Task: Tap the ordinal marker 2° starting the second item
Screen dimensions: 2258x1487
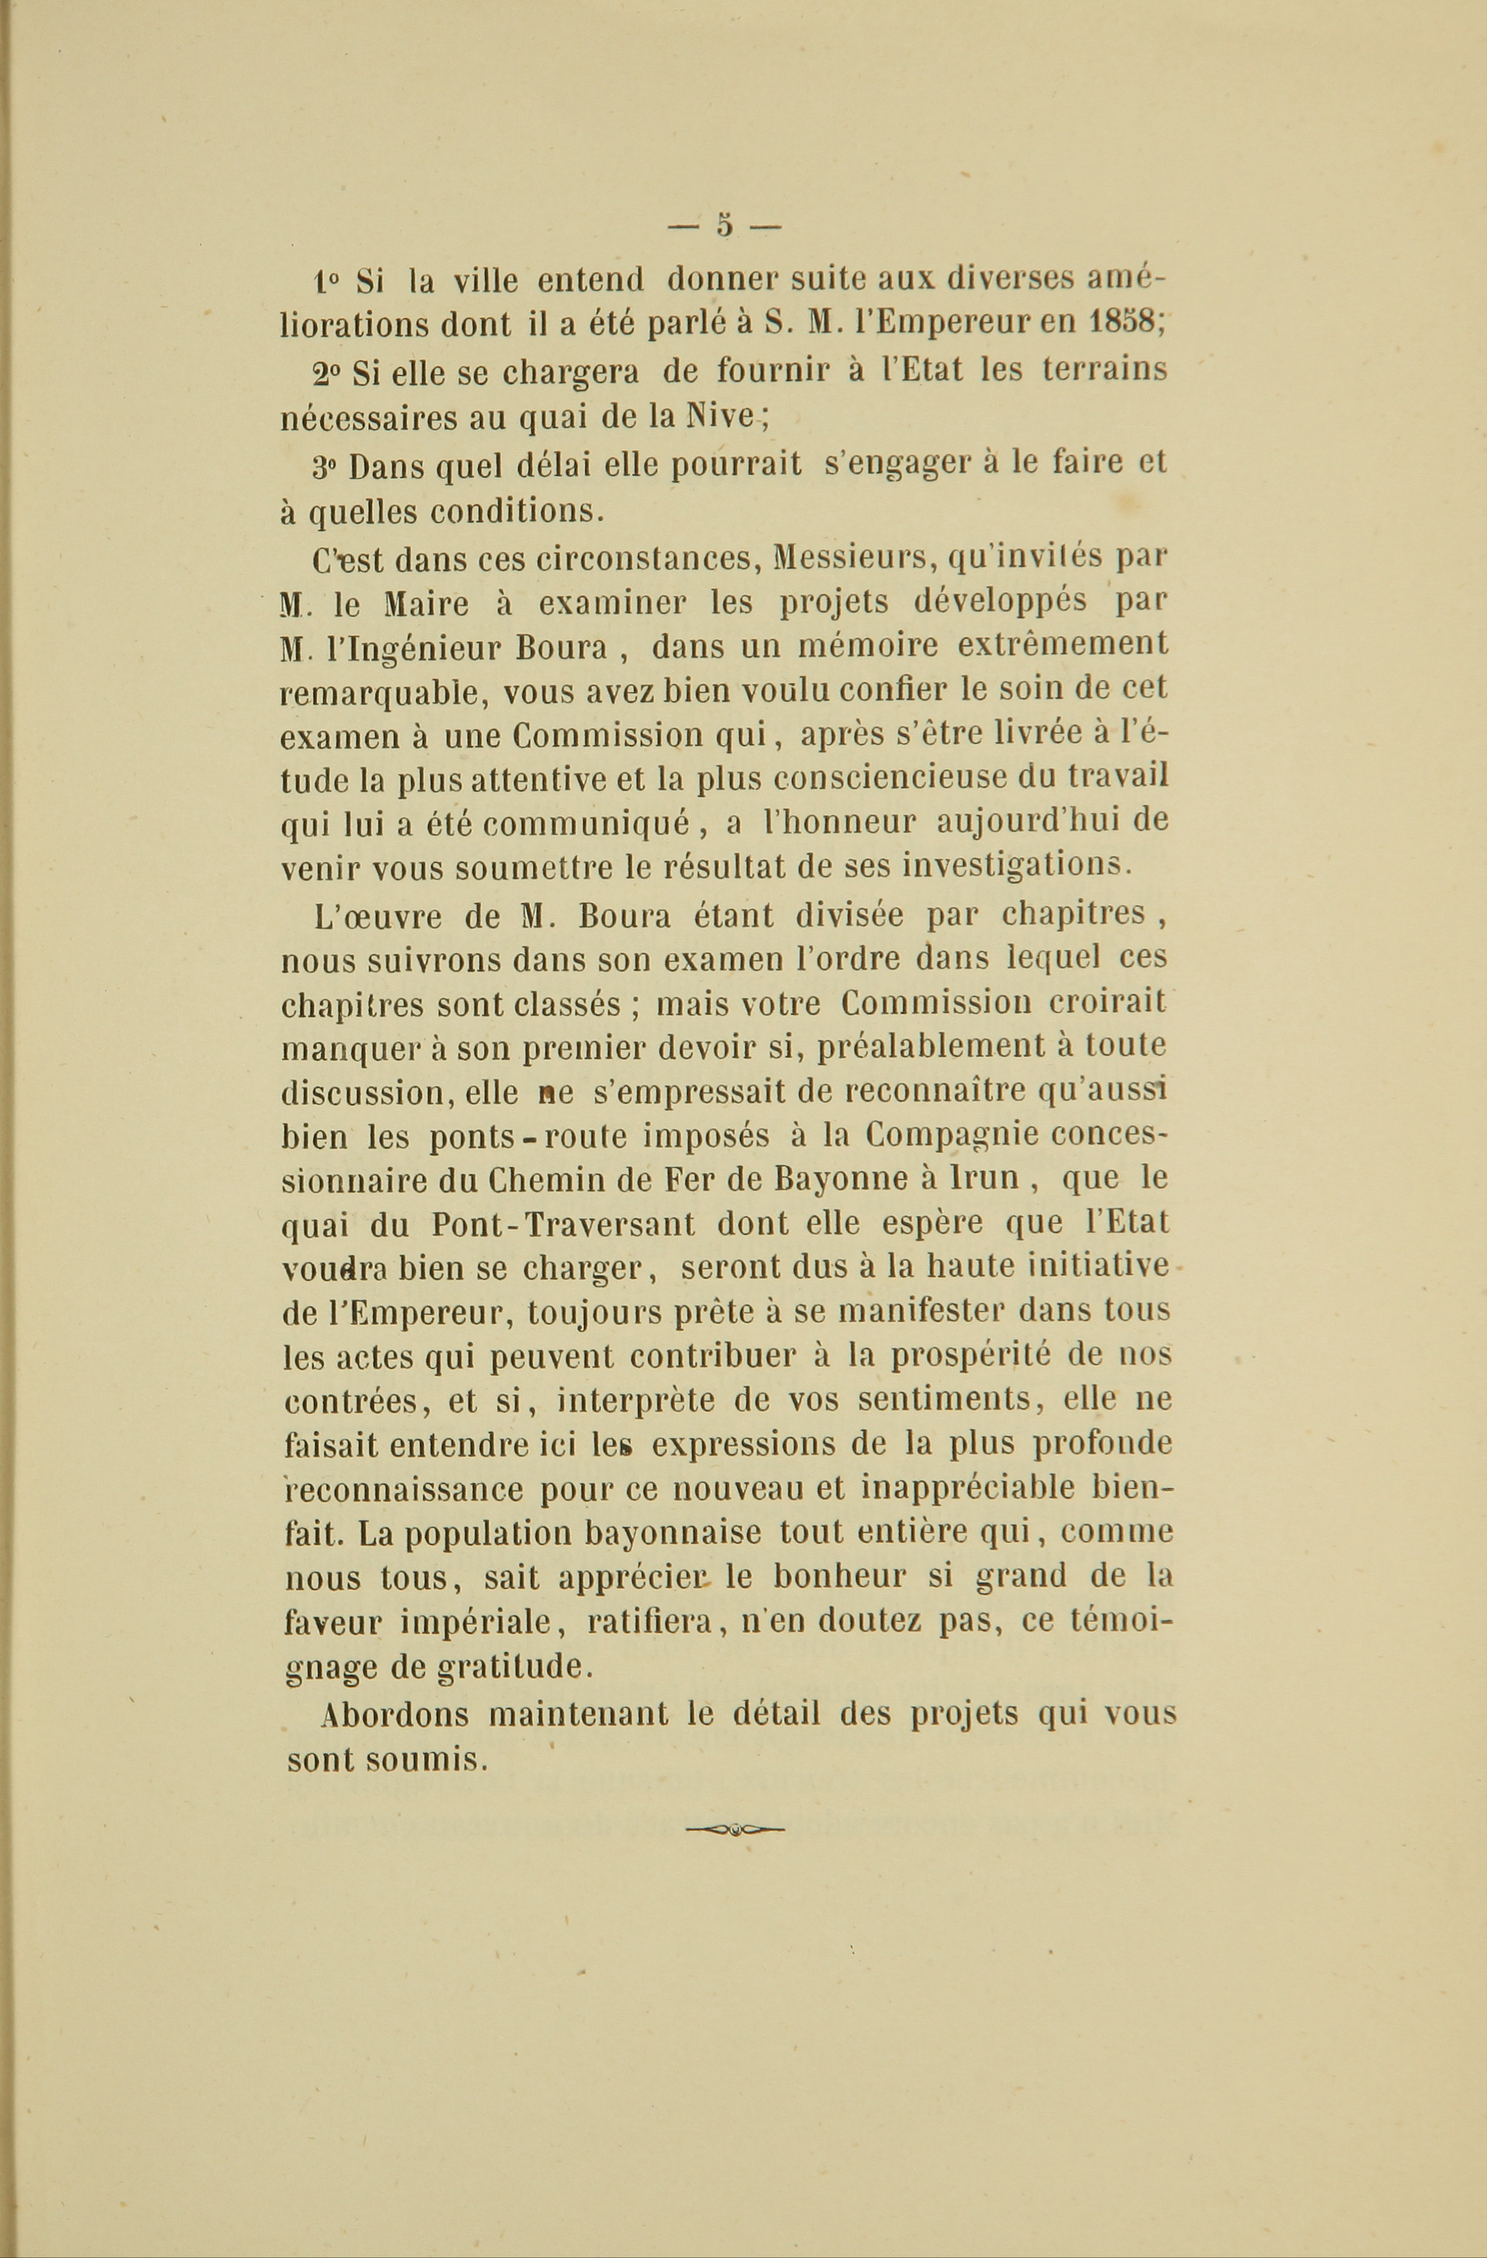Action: pos(327,372)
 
